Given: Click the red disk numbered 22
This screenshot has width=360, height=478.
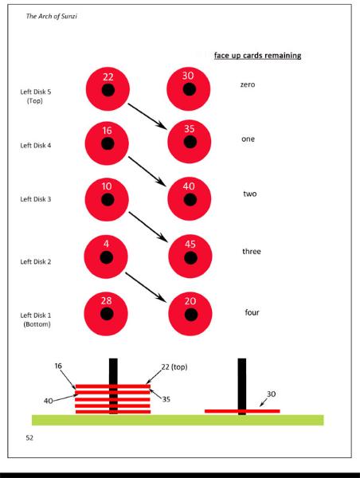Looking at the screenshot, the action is (x=108, y=88).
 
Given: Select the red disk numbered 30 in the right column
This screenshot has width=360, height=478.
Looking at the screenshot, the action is (x=189, y=88).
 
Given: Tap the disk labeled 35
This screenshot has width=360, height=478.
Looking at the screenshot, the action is (x=190, y=142).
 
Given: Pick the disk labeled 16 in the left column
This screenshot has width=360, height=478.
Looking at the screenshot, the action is (x=107, y=143).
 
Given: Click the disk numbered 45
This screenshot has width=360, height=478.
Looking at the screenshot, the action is (x=190, y=257).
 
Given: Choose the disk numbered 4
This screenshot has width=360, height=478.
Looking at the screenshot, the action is (x=106, y=257).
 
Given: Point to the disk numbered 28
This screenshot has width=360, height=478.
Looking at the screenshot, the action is (x=106, y=314).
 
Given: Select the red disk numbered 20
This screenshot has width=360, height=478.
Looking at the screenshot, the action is (x=190, y=314).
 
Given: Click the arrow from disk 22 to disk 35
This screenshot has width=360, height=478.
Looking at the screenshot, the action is (x=148, y=116).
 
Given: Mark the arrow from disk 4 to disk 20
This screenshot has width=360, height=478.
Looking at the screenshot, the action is (x=147, y=287).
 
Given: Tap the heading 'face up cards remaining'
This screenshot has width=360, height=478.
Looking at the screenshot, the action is (x=257, y=56).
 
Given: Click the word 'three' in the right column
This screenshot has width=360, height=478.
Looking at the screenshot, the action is (x=252, y=251).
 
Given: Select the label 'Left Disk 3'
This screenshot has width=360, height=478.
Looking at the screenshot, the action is (x=36, y=199).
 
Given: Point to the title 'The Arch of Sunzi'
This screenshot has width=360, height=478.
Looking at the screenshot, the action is (x=51, y=16).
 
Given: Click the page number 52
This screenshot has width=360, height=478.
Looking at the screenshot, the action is (x=29, y=437).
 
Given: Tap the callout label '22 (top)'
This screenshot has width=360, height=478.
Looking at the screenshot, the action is (x=174, y=366).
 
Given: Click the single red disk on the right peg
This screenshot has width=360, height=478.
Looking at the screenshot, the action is (x=242, y=411).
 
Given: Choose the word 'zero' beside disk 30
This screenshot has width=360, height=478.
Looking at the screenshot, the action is (x=248, y=84).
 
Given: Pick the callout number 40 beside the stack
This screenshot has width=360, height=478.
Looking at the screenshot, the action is (x=48, y=401).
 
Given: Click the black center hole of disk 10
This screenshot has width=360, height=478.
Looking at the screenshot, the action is (x=108, y=200).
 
